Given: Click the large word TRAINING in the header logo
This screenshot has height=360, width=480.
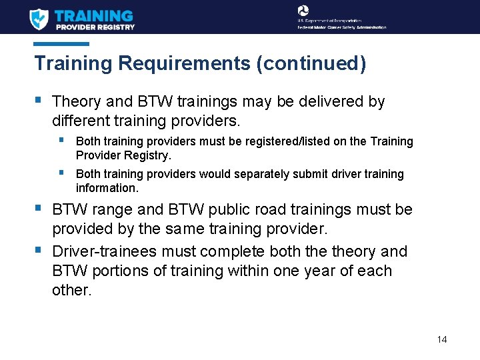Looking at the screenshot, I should [x=94, y=15].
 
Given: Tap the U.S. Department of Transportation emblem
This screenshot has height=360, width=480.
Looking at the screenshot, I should [x=303, y=10].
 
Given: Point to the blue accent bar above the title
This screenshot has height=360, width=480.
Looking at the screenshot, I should [x=61, y=44].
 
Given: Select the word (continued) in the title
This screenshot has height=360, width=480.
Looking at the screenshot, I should [x=311, y=64].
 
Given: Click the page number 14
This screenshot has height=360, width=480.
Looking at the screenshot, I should [x=442, y=339].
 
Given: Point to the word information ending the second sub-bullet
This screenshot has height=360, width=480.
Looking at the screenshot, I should [x=106, y=188].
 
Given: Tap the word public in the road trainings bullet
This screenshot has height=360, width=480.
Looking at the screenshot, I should [x=231, y=210].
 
